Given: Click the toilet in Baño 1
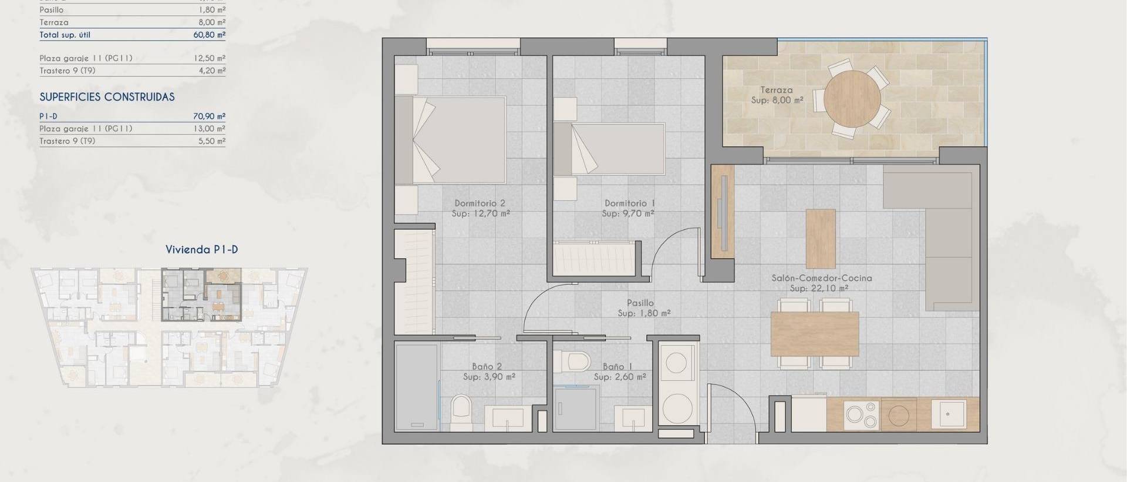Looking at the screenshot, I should pos(572,360).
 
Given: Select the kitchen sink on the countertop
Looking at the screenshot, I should pos(949,414).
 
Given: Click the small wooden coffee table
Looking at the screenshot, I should pos(821,239).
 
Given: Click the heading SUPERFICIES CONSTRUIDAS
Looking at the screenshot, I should pos(107,97).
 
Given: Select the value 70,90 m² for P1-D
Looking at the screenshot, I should pos(209,116).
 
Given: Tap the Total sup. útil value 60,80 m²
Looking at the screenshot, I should pos(209,35).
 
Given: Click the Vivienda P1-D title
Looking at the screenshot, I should pos(201,249).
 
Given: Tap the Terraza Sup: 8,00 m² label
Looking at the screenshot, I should pos(777,95).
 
